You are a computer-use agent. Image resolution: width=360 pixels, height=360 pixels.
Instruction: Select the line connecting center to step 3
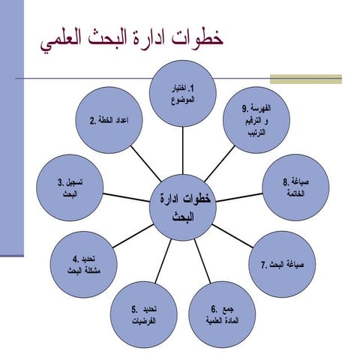click(x=124, y=196)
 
